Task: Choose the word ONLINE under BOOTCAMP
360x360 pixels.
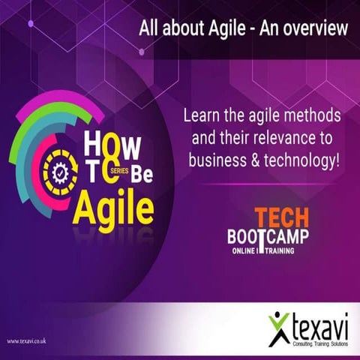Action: pos(245,250)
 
